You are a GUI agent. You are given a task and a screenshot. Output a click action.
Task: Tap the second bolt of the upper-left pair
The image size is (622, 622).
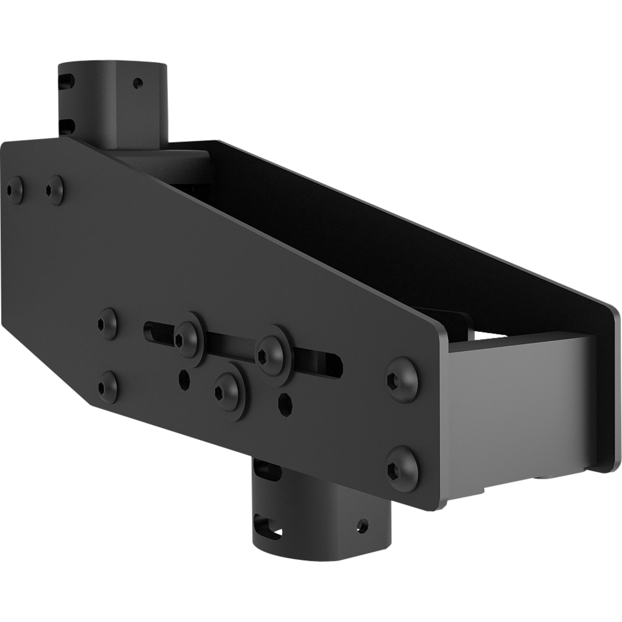[x=55, y=187]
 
